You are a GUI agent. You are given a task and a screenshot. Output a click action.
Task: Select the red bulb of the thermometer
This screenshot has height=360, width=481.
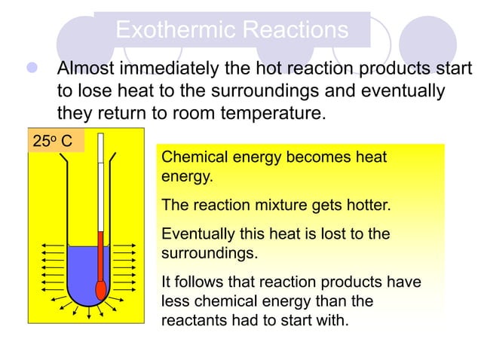coord(100,290)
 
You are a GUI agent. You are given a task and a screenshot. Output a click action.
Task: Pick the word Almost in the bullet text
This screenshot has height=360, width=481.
coord(91,69)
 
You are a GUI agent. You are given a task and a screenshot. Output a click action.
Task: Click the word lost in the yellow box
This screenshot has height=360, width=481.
coord(340,234)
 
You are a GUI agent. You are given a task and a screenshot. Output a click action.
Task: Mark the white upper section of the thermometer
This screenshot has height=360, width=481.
coord(100,181)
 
